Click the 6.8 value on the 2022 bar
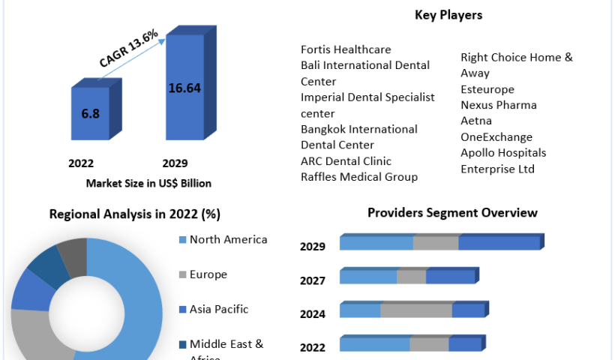pos(90,114)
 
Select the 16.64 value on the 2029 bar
pos(184,88)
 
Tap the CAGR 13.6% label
pos(128,50)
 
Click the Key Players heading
pos(448,15)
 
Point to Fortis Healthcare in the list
pos(346,49)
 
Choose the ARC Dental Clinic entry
pos(346,161)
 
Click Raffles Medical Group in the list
pos(359,177)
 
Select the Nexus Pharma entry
pos(499,105)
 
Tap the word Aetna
pos(476,121)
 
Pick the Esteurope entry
pos(487,89)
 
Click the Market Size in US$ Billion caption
pos(148,183)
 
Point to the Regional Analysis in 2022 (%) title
pos(134,214)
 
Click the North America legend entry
pos(228,240)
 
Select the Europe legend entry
pos(208,274)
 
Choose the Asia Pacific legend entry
pos(218,309)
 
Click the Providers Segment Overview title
pos(452,213)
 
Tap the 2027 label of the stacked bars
pos(313,280)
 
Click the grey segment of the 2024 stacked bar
pos(416,310)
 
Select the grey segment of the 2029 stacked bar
pos(436,243)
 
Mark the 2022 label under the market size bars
pos(81,163)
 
